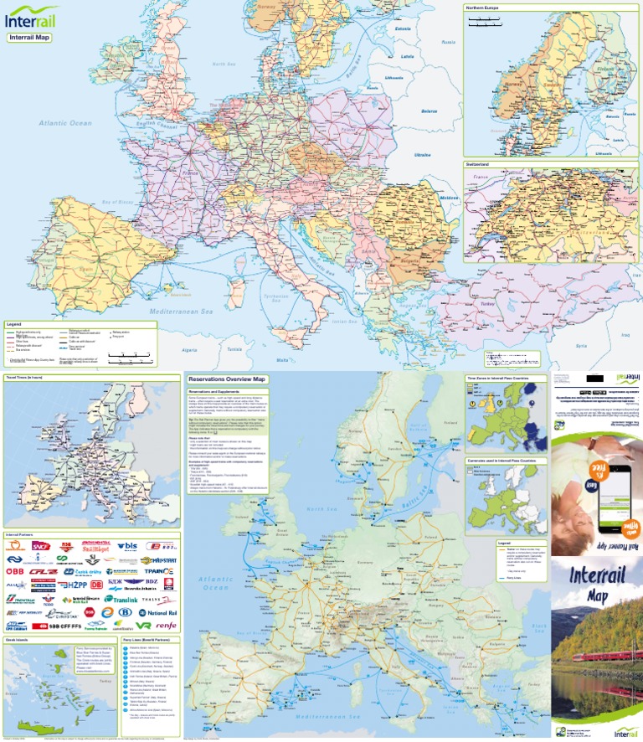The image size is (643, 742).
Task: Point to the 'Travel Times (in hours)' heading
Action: (25, 379)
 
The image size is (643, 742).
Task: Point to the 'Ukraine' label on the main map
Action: (422, 154)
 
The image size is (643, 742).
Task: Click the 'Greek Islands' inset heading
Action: (18, 639)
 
